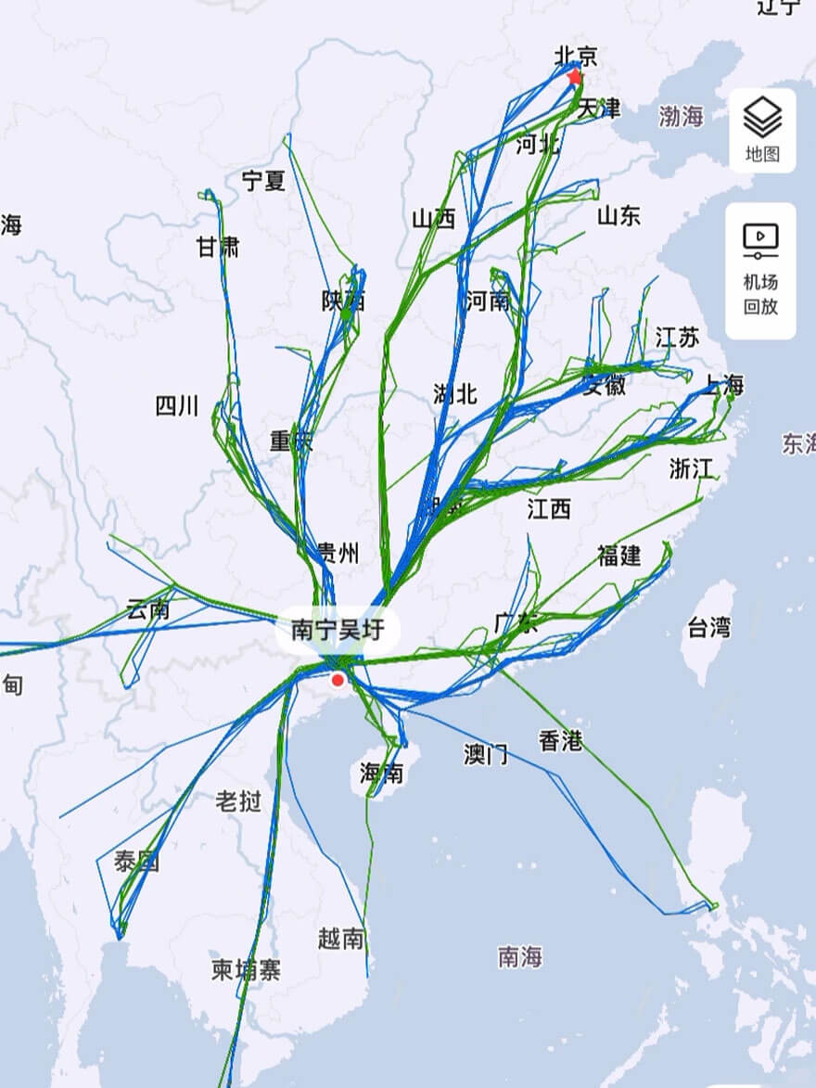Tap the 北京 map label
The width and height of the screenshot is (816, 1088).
point(576,56)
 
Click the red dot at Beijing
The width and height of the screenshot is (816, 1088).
point(575,77)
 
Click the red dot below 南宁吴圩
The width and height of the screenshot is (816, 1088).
point(338,680)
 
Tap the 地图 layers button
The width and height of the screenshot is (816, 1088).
point(762,131)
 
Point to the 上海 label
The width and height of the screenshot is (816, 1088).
point(722,384)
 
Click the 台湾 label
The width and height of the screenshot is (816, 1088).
point(709,628)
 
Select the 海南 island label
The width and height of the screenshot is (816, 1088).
point(382,773)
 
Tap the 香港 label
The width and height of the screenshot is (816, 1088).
point(560,740)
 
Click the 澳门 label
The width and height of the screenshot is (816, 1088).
point(486,754)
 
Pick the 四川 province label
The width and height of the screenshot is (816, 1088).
point(177,405)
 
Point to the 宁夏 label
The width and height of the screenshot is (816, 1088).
point(264,180)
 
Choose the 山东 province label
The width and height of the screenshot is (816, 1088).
point(618,216)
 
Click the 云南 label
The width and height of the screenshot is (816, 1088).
point(148,610)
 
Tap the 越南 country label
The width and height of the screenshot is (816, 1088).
point(340,939)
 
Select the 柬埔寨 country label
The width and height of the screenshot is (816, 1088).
point(246,970)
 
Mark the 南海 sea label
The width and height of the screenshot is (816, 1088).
point(519,956)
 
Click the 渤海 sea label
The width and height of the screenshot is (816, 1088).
point(682,116)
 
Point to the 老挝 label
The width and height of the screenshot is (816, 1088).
point(238,801)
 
